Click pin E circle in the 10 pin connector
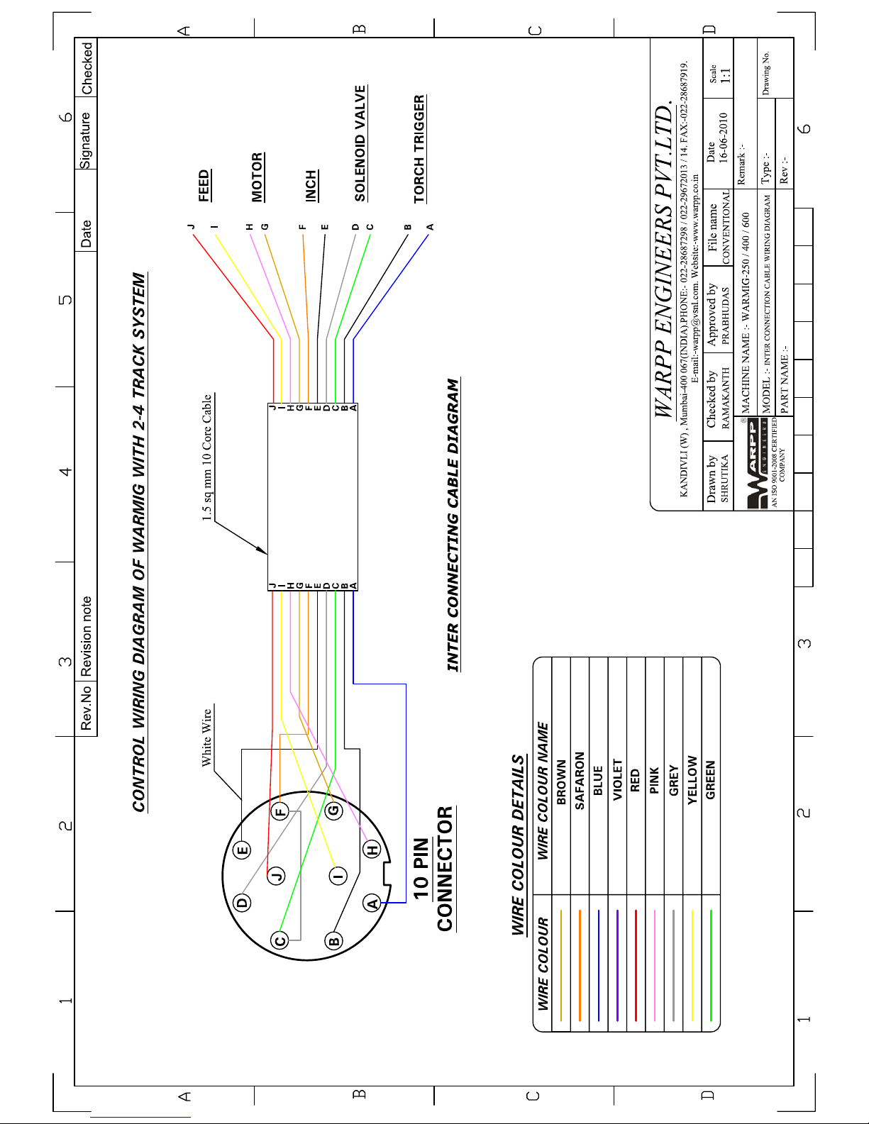point(243,850)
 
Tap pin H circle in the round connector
point(372,850)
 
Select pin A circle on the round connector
point(372,903)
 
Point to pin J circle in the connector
point(277,875)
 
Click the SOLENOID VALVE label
point(360,143)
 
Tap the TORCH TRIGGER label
point(420,149)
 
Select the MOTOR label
point(258,177)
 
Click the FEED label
point(204,185)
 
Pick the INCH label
point(311,186)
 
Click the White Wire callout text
point(206,738)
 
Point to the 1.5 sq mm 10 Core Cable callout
point(207,458)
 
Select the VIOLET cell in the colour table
point(617,780)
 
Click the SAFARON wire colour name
point(580,781)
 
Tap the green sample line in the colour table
point(711,965)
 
